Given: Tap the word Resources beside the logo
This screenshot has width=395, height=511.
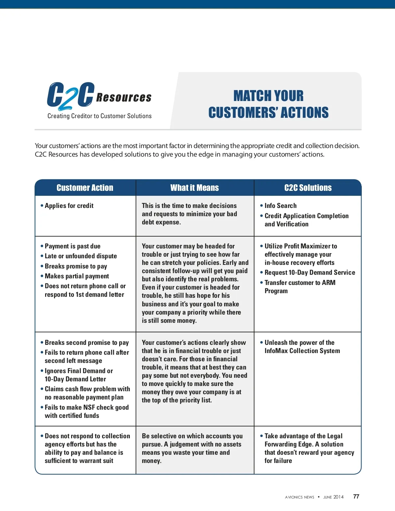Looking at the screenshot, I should (124, 97).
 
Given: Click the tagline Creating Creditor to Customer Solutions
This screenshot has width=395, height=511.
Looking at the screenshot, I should (99, 116).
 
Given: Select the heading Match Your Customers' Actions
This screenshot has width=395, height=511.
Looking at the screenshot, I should (268, 104).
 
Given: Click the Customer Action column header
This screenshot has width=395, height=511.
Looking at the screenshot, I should (85, 188).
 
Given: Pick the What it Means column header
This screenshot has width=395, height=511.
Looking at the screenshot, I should (195, 188).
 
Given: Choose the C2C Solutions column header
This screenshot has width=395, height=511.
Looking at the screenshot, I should (308, 188).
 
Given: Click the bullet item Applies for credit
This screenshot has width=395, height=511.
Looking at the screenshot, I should (69, 206).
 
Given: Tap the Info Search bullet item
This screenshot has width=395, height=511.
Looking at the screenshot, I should (280, 206).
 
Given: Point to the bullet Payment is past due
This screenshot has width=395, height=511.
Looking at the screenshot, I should (72, 246).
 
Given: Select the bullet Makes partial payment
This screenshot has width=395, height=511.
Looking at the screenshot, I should (77, 276).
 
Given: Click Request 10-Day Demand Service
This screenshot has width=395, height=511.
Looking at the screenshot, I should (310, 272).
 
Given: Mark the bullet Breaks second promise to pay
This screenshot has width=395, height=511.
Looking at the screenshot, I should (87, 343).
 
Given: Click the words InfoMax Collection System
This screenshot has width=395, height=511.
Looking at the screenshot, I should (302, 351).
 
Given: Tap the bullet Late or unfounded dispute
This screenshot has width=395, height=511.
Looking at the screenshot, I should (81, 256).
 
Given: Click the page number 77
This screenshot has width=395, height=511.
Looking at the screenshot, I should (356, 497).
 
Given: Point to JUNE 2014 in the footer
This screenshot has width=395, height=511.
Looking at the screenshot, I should (333, 497).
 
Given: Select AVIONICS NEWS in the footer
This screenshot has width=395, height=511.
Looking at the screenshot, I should (300, 497).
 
